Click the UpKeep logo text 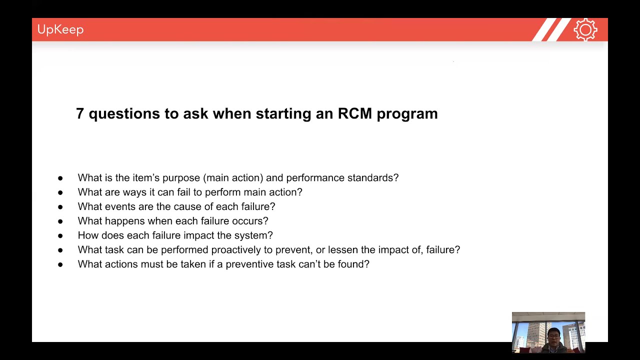pyautogui.click(x=60, y=29)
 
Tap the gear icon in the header pyautogui.click(x=585, y=30)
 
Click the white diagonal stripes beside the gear pyautogui.click(x=551, y=30)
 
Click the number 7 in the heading pyautogui.click(x=79, y=113)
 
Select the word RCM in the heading pyautogui.click(x=354, y=113)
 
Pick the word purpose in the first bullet pyautogui.click(x=181, y=178)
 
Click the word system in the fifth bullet pyautogui.click(x=255, y=235)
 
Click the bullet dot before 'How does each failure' pyautogui.click(x=60, y=235)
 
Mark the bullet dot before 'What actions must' pyautogui.click(x=60, y=264)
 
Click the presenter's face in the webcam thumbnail pyautogui.click(x=553, y=336)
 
